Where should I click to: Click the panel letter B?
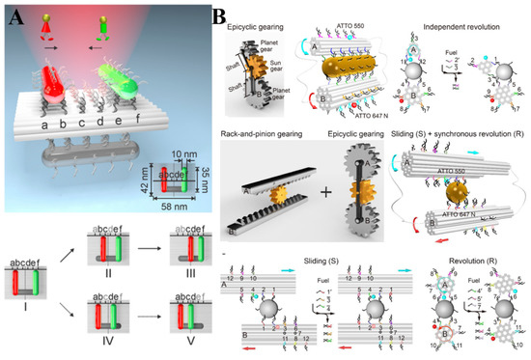219,15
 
